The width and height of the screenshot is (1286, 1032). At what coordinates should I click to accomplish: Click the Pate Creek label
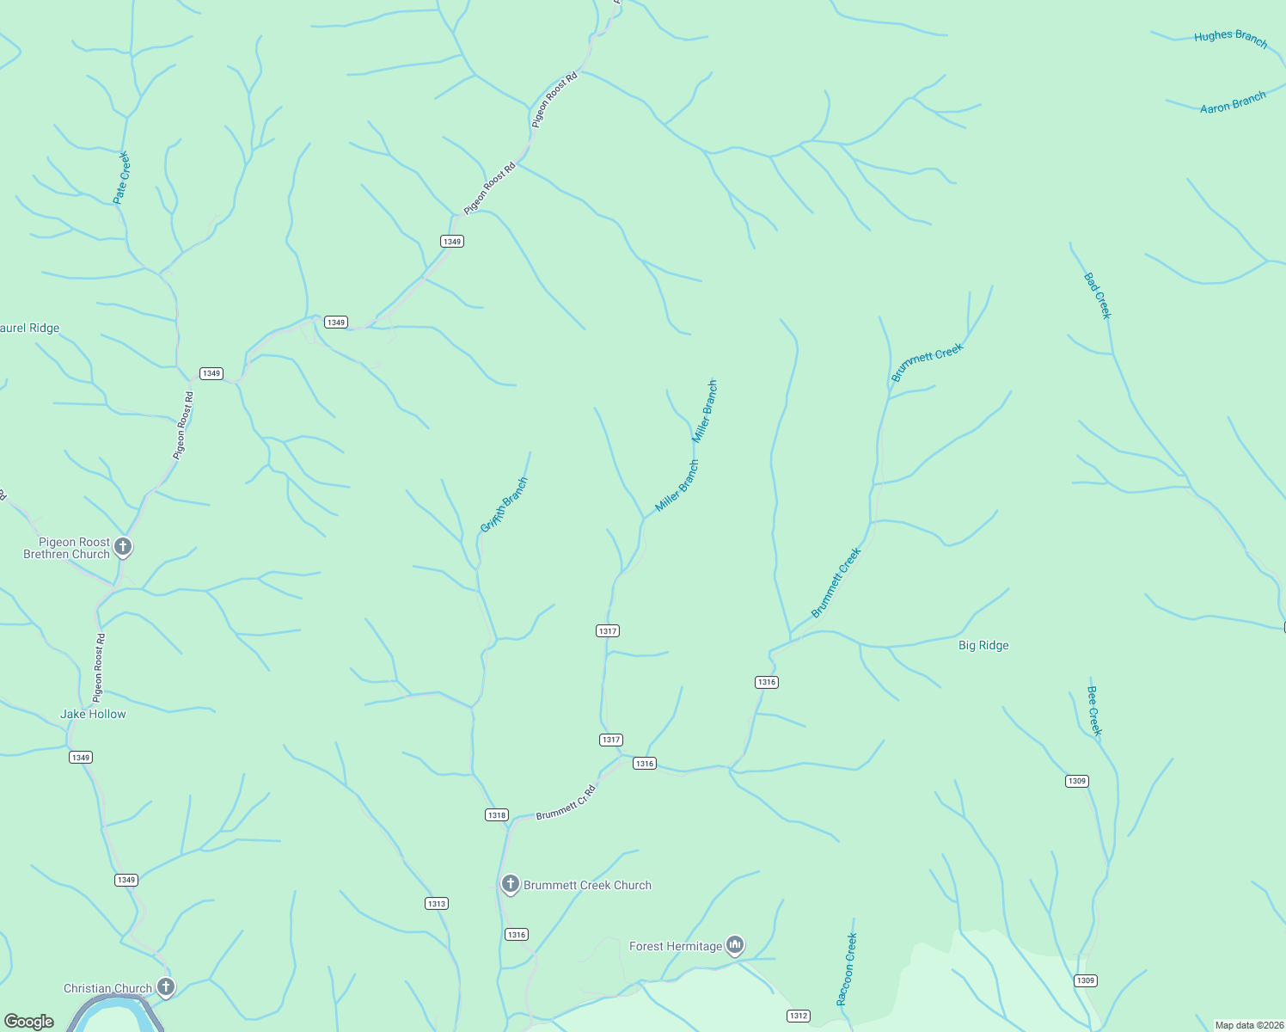pyautogui.click(x=121, y=177)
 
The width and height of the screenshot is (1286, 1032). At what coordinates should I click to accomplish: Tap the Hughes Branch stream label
pyautogui.click(x=1230, y=38)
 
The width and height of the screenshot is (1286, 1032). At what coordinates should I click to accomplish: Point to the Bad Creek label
pyautogui.click(x=1098, y=295)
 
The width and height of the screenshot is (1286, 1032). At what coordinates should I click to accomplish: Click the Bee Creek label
pyautogui.click(x=1093, y=710)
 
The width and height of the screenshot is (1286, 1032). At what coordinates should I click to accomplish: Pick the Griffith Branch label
pyautogui.click(x=505, y=505)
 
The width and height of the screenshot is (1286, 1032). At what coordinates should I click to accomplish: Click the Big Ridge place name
pyautogui.click(x=983, y=645)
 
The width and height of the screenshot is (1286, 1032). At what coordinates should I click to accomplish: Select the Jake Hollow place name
pyautogui.click(x=93, y=714)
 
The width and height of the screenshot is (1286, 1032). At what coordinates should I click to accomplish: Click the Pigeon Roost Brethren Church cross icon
pyautogui.click(x=123, y=546)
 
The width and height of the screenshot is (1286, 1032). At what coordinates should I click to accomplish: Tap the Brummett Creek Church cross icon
pyautogui.click(x=510, y=884)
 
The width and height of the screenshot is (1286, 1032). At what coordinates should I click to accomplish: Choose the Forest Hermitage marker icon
pyautogui.click(x=734, y=945)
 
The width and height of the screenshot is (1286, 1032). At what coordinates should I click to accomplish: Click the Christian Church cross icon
pyautogui.click(x=166, y=987)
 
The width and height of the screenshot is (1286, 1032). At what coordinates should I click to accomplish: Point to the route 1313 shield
pyautogui.click(x=437, y=903)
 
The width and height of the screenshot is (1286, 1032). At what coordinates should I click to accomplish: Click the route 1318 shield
pyautogui.click(x=497, y=814)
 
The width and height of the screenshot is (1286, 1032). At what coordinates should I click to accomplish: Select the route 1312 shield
pyautogui.click(x=799, y=1016)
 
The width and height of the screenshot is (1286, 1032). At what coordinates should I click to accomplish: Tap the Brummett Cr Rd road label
pyautogui.click(x=566, y=802)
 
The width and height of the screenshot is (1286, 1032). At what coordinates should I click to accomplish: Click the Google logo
pyautogui.click(x=29, y=1021)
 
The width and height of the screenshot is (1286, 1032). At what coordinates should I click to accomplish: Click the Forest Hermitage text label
pyautogui.click(x=676, y=946)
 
